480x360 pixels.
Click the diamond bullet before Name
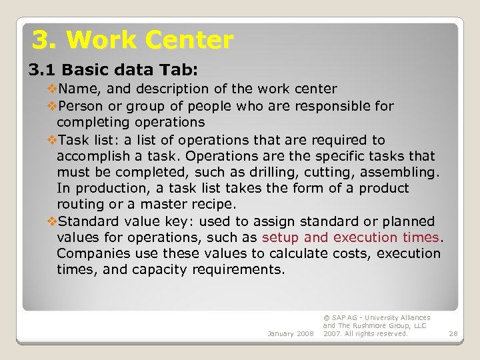coord(53,89)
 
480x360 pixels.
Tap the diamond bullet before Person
coord(53,106)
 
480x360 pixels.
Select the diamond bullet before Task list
coord(53,140)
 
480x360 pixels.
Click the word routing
coord(79,205)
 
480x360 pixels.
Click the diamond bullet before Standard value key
coord(53,221)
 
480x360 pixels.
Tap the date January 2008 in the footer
coord(291,333)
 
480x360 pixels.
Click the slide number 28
coord(453,333)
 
